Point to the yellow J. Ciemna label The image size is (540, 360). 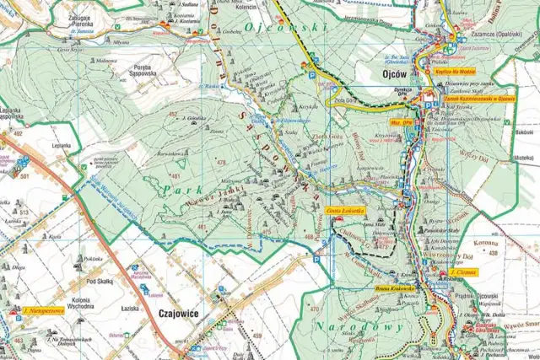(463, 272)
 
